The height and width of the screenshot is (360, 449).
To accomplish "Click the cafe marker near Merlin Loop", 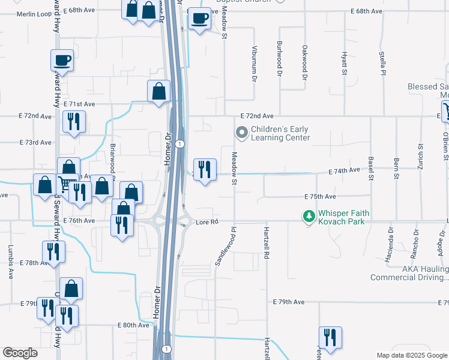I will [62, 60].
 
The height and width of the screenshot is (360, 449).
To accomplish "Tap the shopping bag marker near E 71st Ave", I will [158, 92].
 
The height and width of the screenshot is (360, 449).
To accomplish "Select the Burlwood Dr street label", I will [279, 59].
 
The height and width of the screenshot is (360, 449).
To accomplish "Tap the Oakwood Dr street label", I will [304, 62].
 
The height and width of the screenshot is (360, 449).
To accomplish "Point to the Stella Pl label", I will [382, 62].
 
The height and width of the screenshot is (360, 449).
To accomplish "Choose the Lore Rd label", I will [206, 222].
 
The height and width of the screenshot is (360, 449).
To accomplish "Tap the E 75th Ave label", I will [320, 197].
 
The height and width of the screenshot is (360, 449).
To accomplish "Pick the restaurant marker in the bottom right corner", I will [330, 338].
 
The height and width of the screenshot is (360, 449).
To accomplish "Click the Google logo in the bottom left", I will [20, 352].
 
